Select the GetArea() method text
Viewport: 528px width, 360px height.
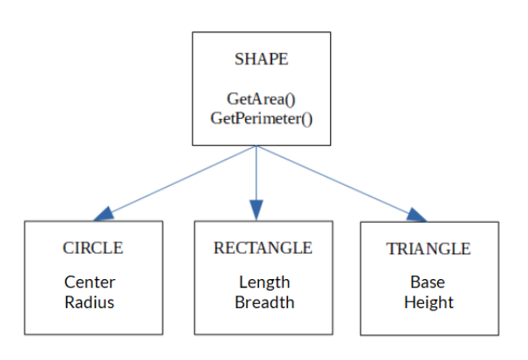[261, 99]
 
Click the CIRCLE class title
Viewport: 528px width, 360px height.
[92, 248]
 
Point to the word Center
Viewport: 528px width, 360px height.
[89, 282]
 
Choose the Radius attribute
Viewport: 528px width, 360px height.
[89, 302]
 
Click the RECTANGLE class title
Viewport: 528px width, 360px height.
[262, 248]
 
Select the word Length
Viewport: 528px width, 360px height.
[264, 282]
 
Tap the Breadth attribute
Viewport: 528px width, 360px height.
[264, 302]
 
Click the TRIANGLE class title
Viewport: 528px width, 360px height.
[428, 249]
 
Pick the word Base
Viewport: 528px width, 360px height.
[427, 282]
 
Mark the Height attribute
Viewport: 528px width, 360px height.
[428, 302]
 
